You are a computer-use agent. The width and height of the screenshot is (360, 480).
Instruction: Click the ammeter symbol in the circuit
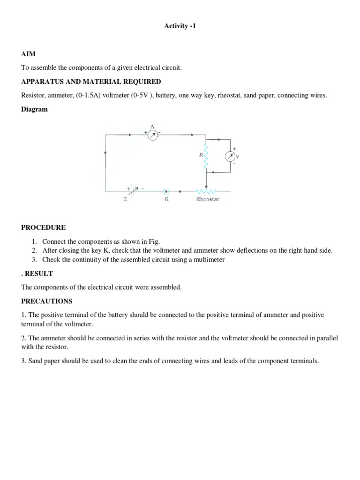[152, 135]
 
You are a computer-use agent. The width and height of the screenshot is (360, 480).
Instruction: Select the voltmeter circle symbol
[230, 156]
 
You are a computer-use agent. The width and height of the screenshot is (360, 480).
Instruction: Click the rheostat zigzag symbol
[207, 191]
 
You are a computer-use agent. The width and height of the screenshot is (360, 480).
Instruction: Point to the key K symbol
[166, 191]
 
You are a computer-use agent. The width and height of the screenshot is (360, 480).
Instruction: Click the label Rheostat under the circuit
[207, 199]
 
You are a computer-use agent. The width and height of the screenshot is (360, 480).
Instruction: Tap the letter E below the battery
[125, 199]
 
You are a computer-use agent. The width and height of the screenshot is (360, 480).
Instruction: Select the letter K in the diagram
[166, 199]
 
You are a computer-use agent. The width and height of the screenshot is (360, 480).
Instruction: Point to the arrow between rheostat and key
[184, 191]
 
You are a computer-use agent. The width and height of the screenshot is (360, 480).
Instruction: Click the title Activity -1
[180, 26]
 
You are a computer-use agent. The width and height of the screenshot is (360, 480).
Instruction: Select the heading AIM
[29, 54]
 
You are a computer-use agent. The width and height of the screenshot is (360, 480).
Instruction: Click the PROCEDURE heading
[44, 227]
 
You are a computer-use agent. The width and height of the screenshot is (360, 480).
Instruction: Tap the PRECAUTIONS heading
[47, 301]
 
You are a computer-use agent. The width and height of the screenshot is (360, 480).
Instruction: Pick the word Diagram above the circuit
[34, 109]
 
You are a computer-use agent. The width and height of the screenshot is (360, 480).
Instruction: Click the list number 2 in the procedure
[34, 250]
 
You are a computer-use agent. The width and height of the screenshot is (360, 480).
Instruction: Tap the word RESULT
[39, 273]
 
